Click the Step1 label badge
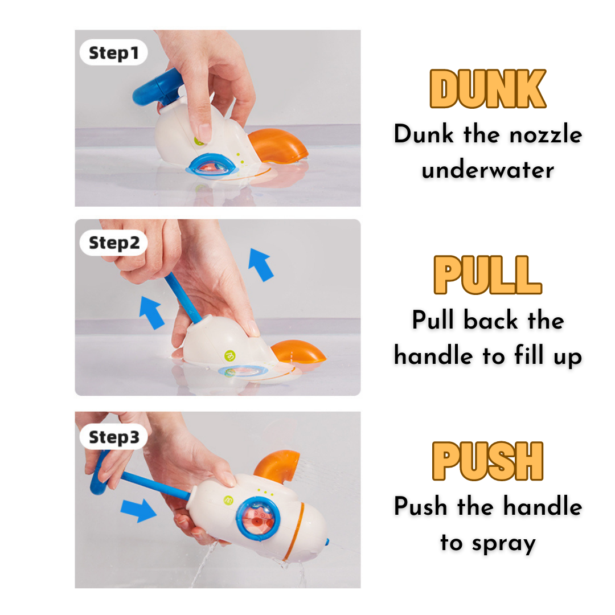click(x=113, y=52)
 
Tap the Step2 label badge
click(x=113, y=243)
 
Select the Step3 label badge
click(x=113, y=437)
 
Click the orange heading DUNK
click(x=487, y=89)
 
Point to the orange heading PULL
click(x=487, y=274)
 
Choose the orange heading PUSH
click(x=487, y=461)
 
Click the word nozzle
click(x=546, y=134)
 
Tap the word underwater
click(x=488, y=170)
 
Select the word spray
click(x=503, y=544)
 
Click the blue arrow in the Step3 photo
click(x=138, y=510)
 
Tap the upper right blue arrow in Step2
click(x=261, y=265)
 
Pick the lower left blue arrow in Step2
click(x=152, y=313)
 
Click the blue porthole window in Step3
click(x=258, y=519)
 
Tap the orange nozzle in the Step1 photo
click(x=278, y=146)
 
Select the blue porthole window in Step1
click(x=212, y=166)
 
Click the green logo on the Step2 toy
click(x=230, y=356)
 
